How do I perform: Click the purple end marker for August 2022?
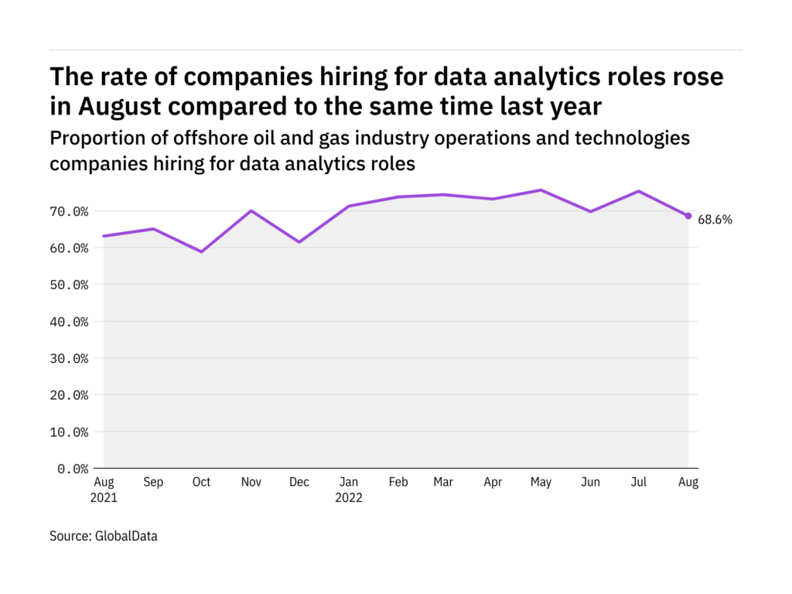(x=688, y=216)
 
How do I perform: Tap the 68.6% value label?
(x=715, y=220)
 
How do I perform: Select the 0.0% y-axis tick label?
(x=70, y=468)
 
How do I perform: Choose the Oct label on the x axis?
(x=201, y=483)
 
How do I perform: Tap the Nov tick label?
(x=250, y=483)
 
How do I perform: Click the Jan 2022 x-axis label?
(x=348, y=490)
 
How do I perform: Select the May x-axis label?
(x=541, y=483)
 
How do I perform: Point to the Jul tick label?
(x=640, y=483)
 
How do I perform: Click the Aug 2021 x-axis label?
(x=104, y=490)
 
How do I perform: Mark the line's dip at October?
(x=201, y=251)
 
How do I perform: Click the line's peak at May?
(x=541, y=190)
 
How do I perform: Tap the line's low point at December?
(x=299, y=242)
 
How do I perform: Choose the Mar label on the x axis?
(x=443, y=483)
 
